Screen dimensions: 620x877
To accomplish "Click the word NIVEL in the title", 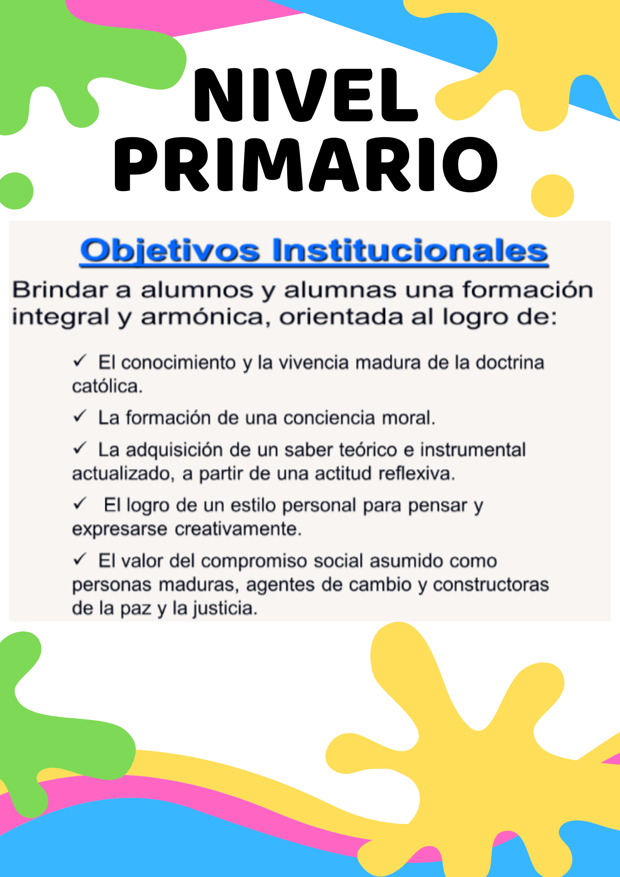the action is click(306, 95).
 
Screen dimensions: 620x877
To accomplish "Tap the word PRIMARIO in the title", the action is click(306, 164).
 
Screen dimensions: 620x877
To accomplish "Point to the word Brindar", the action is click(60, 290).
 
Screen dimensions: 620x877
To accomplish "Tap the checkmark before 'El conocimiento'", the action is click(80, 361).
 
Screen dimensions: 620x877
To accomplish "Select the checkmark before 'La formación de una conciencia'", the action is click(80, 416).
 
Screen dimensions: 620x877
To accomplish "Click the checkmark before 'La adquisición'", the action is click(80, 448).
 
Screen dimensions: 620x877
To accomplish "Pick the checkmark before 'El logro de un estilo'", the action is click(80, 503).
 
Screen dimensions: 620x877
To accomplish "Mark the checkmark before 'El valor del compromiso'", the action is click(80, 559).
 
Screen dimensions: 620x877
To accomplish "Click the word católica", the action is click(107, 386).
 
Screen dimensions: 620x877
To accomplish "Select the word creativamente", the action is click(239, 529).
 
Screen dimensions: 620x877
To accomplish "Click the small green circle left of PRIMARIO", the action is click(16, 191).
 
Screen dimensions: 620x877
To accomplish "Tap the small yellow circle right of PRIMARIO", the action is click(552, 196).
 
